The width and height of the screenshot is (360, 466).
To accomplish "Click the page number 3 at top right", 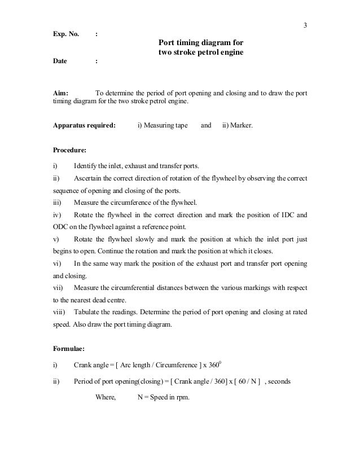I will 305,25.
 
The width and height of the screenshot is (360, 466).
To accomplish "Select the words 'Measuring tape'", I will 166,126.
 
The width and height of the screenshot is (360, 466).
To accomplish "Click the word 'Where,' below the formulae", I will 106,397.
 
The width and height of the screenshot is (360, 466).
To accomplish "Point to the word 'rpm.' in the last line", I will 182,397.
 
